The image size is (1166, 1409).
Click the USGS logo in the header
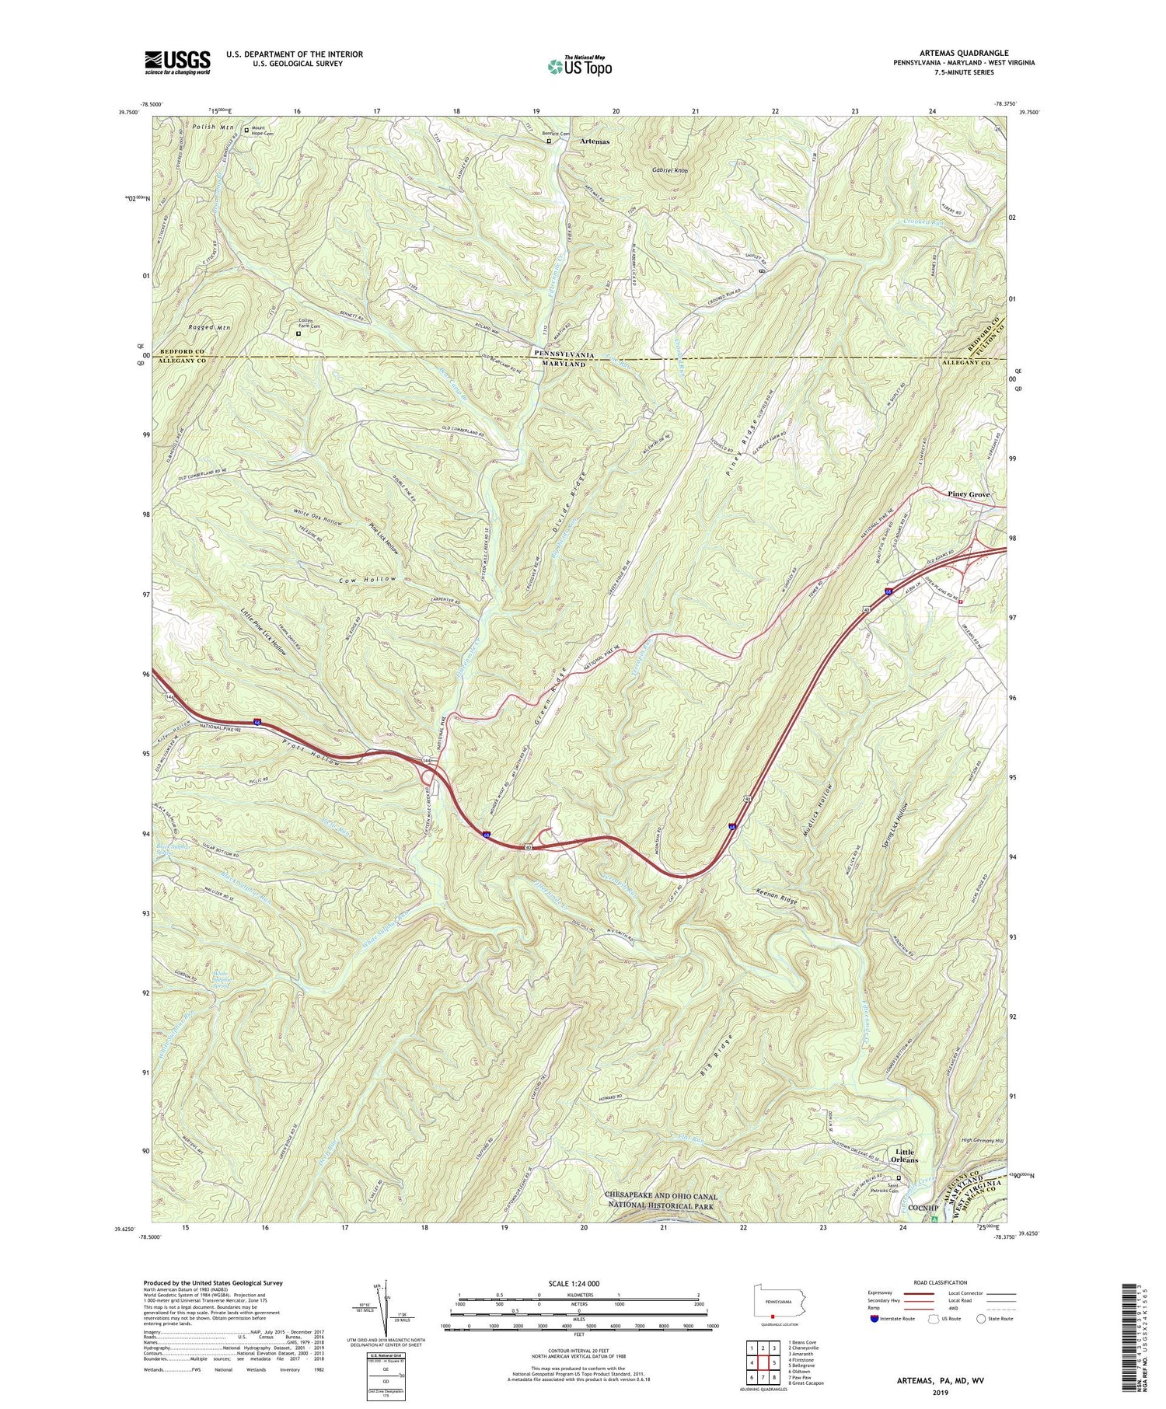click(x=177, y=62)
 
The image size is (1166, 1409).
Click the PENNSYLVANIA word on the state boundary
click(x=564, y=353)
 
